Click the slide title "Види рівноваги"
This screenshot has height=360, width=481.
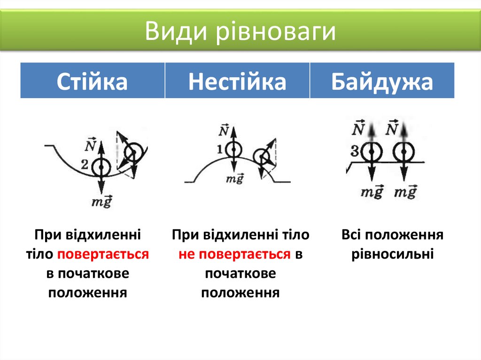click(x=240, y=31)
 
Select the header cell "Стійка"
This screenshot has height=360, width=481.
click(x=92, y=81)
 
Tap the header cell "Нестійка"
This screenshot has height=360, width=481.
click(x=237, y=81)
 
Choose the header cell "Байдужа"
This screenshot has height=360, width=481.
click(x=382, y=81)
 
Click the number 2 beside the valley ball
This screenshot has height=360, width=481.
click(x=85, y=164)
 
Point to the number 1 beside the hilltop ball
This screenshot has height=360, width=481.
click(x=219, y=149)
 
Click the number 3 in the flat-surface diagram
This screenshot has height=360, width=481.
click(x=356, y=151)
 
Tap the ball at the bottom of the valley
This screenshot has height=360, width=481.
click(x=101, y=166)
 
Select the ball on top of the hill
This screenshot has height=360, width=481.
click(x=233, y=150)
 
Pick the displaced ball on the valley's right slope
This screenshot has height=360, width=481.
click(x=135, y=151)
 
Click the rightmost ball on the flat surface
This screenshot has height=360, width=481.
click(x=404, y=152)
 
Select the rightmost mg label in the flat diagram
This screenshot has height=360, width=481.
click(x=405, y=192)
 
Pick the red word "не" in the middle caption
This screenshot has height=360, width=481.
click(x=186, y=254)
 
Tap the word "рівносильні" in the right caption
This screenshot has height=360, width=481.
click(x=392, y=254)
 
